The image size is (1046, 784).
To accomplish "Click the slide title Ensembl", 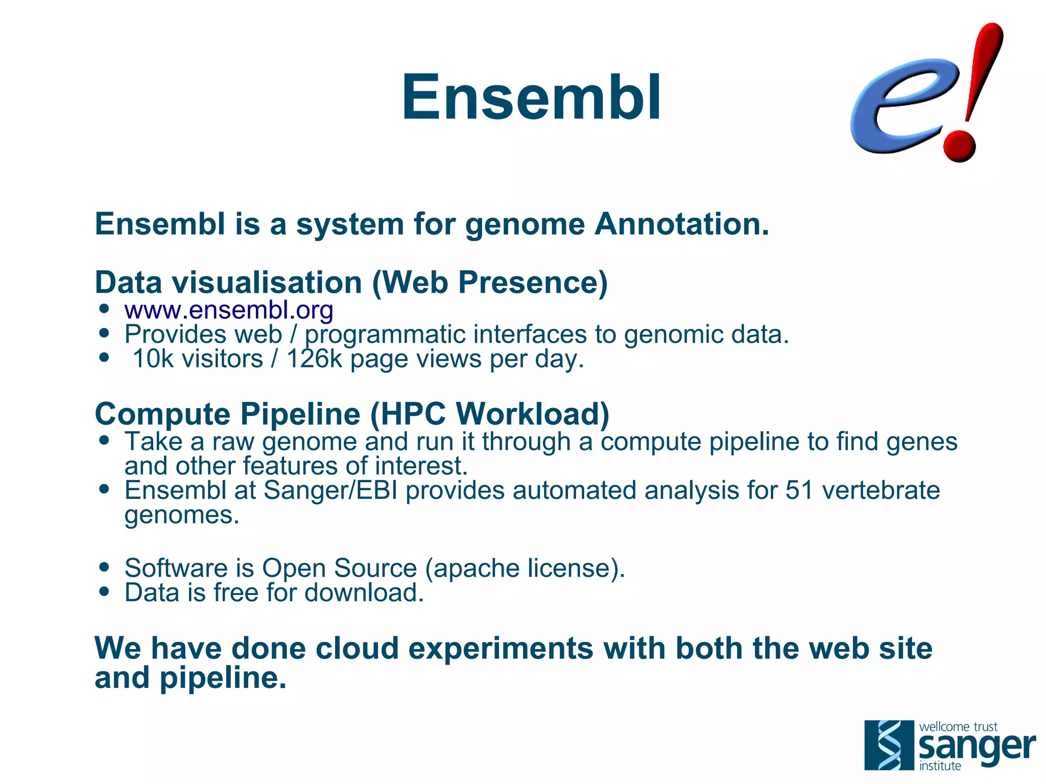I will pos(531,97).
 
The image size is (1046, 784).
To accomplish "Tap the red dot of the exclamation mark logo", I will pos(959,145).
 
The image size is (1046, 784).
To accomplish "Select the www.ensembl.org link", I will pos(228,310).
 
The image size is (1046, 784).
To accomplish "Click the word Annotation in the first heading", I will pos(681,224).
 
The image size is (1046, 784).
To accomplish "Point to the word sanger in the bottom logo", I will pos(977,747).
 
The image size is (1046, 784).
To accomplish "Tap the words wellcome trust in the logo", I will pos(958,726).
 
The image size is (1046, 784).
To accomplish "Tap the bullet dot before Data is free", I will pos(105,591).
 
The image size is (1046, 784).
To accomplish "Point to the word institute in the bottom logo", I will pos(940,766).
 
